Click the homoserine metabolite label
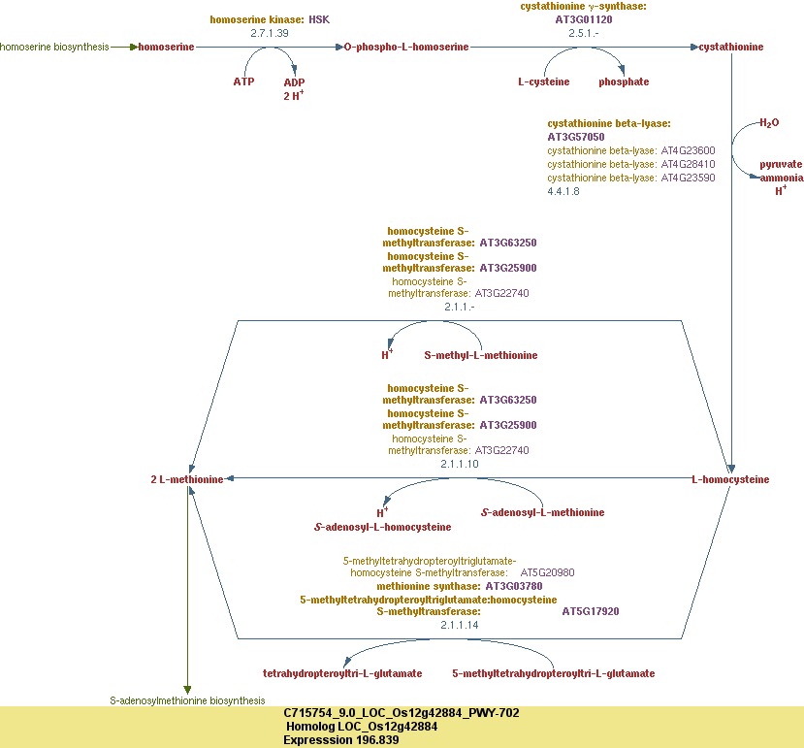(x=166, y=47)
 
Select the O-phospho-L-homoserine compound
(x=405, y=47)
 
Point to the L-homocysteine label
(x=730, y=479)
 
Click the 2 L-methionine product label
(x=187, y=479)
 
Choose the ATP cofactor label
(x=243, y=81)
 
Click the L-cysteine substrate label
(x=544, y=81)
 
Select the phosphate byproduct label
(x=624, y=81)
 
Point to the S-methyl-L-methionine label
(x=481, y=355)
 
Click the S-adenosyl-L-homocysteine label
(x=383, y=527)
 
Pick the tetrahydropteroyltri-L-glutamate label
(x=342, y=673)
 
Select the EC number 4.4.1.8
(x=563, y=192)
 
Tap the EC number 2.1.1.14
(x=460, y=625)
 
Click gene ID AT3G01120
(x=584, y=18)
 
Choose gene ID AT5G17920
(x=591, y=611)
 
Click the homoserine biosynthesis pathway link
(x=54, y=47)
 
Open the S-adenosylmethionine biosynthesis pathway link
(x=186, y=700)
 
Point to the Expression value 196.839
(x=341, y=739)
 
